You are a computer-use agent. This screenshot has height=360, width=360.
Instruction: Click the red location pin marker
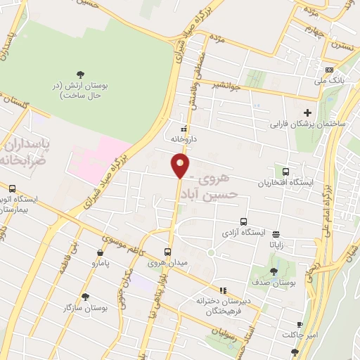[x=181, y=166]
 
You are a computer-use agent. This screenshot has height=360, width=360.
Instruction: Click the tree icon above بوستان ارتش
[x=80, y=75]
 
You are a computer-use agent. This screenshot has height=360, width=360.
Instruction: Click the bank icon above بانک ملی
[x=329, y=70]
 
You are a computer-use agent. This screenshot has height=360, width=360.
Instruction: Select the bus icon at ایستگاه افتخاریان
[x=285, y=172]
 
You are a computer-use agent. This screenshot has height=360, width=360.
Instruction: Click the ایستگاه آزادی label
[x=244, y=232]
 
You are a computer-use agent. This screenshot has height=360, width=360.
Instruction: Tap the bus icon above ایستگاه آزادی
[x=244, y=220]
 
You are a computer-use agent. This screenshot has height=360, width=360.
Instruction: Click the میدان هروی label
[x=165, y=264]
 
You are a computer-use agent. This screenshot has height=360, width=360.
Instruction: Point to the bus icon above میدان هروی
[x=167, y=251]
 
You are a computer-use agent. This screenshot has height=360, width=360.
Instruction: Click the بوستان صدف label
[x=274, y=283]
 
